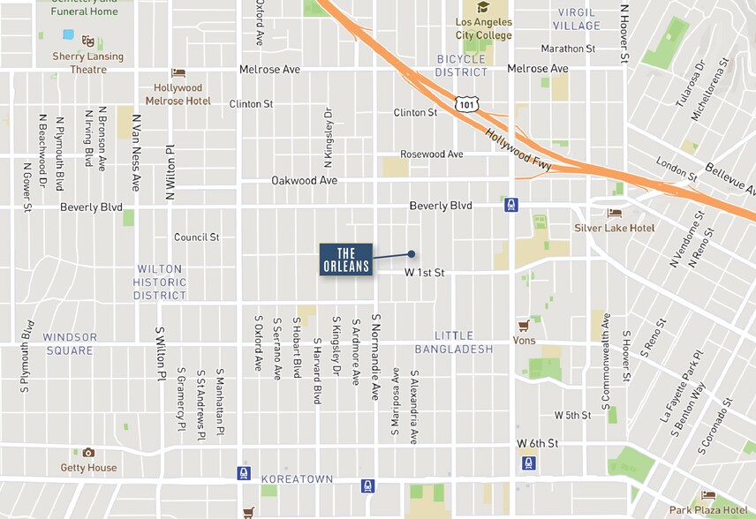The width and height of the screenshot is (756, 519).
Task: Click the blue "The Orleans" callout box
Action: [346, 259]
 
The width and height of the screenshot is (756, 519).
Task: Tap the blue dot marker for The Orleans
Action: [412, 254]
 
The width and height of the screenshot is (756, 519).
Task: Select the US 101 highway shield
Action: [466, 104]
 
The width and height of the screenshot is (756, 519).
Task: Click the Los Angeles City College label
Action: [483, 28]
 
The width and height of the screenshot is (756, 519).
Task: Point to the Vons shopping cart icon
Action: [525, 325]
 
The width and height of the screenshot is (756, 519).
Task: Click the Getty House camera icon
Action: [88, 453]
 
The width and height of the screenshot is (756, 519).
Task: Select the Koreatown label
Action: [297, 479]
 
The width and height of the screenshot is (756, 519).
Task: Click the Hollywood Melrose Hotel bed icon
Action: [178, 73]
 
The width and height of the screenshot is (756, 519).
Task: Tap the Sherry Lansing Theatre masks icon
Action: [87, 41]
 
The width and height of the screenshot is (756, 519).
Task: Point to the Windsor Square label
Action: [69, 344]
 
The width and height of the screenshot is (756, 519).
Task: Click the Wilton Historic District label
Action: [160, 282]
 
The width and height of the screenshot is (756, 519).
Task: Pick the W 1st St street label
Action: [424, 273]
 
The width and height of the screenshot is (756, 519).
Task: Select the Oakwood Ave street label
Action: [304, 180]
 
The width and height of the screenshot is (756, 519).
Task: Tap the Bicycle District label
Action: [462, 65]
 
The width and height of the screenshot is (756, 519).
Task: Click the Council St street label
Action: [196, 237]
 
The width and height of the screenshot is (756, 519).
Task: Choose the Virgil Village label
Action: [577, 19]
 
